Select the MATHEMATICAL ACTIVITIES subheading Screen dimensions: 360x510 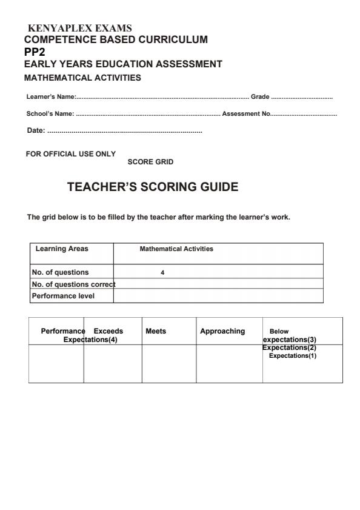(82, 78)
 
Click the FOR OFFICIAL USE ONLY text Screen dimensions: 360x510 (70, 154)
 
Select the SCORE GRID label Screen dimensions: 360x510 (150, 162)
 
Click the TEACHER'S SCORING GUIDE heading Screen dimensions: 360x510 (153, 187)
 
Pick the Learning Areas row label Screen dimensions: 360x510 (62, 249)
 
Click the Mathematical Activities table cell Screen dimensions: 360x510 (176, 249)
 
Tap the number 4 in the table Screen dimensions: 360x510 (162, 273)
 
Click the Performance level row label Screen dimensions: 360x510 (63, 296)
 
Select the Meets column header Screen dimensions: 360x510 (156, 331)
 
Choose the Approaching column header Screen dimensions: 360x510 (222, 331)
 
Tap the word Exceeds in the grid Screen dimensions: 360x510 (108, 331)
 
